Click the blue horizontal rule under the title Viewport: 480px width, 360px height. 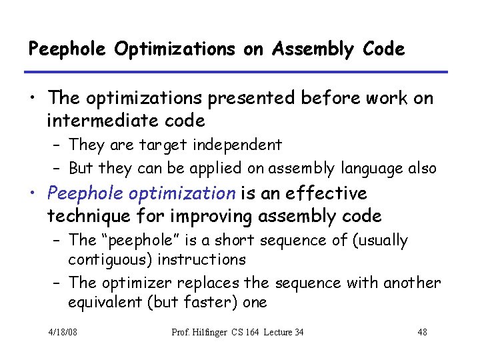[x=237, y=72]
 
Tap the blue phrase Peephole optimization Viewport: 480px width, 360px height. [x=141, y=194]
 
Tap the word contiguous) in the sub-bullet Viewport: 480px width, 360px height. [x=107, y=259]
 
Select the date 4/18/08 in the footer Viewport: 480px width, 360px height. [x=63, y=332]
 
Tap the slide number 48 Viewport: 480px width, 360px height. [x=421, y=332]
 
